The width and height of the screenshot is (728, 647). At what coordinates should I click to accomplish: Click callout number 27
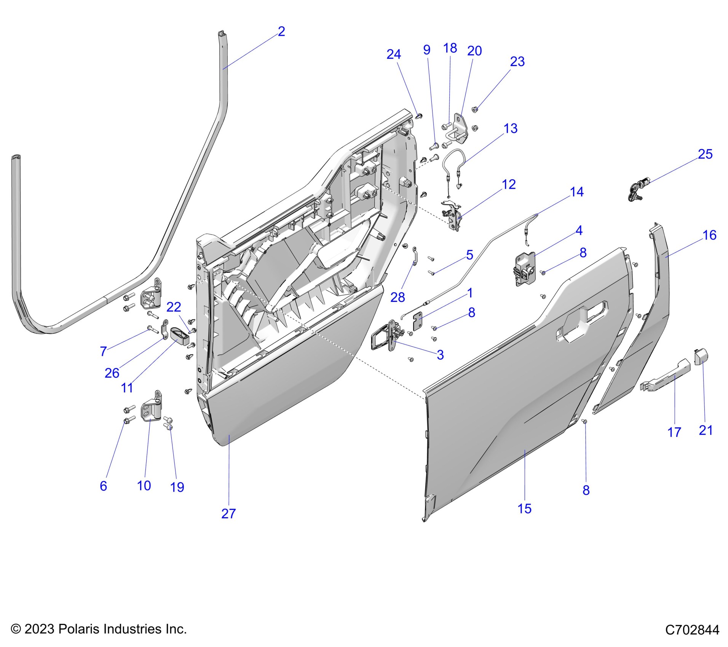(228, 513)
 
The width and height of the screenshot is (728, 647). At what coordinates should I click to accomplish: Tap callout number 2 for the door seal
(281, 31)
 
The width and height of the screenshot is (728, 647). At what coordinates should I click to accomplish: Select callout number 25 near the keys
(705, 154)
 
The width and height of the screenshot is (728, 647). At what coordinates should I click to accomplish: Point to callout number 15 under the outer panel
(524, 508)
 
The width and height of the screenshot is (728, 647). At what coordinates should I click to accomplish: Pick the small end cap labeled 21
(701, 357)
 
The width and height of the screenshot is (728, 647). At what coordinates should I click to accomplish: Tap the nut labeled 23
(475, 110)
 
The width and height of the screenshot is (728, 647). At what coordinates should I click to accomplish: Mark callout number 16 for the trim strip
(709, 235)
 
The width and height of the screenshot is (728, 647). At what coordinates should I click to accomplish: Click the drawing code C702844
(692, 629)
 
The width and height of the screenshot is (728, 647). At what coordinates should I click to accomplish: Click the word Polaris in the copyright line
(76, 629)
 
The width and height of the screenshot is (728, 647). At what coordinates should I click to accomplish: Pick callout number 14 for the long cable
(577, 192)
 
